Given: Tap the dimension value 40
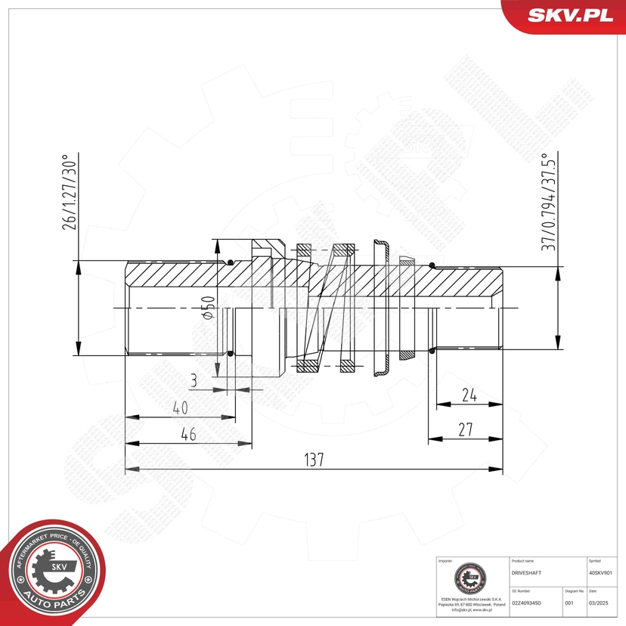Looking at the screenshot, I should point(179,408).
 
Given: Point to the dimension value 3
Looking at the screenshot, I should point(194,381).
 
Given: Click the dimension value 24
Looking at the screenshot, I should point(469,395).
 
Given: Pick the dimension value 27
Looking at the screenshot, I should point(465,429).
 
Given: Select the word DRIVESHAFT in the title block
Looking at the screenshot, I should point(527,573).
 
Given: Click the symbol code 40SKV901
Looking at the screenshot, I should point(603,573).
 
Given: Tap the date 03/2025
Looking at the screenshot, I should point(598,603).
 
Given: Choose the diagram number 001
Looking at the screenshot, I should point(569,603).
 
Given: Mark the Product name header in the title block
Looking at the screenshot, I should point(523,562).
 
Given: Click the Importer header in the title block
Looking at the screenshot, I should point(445,562).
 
